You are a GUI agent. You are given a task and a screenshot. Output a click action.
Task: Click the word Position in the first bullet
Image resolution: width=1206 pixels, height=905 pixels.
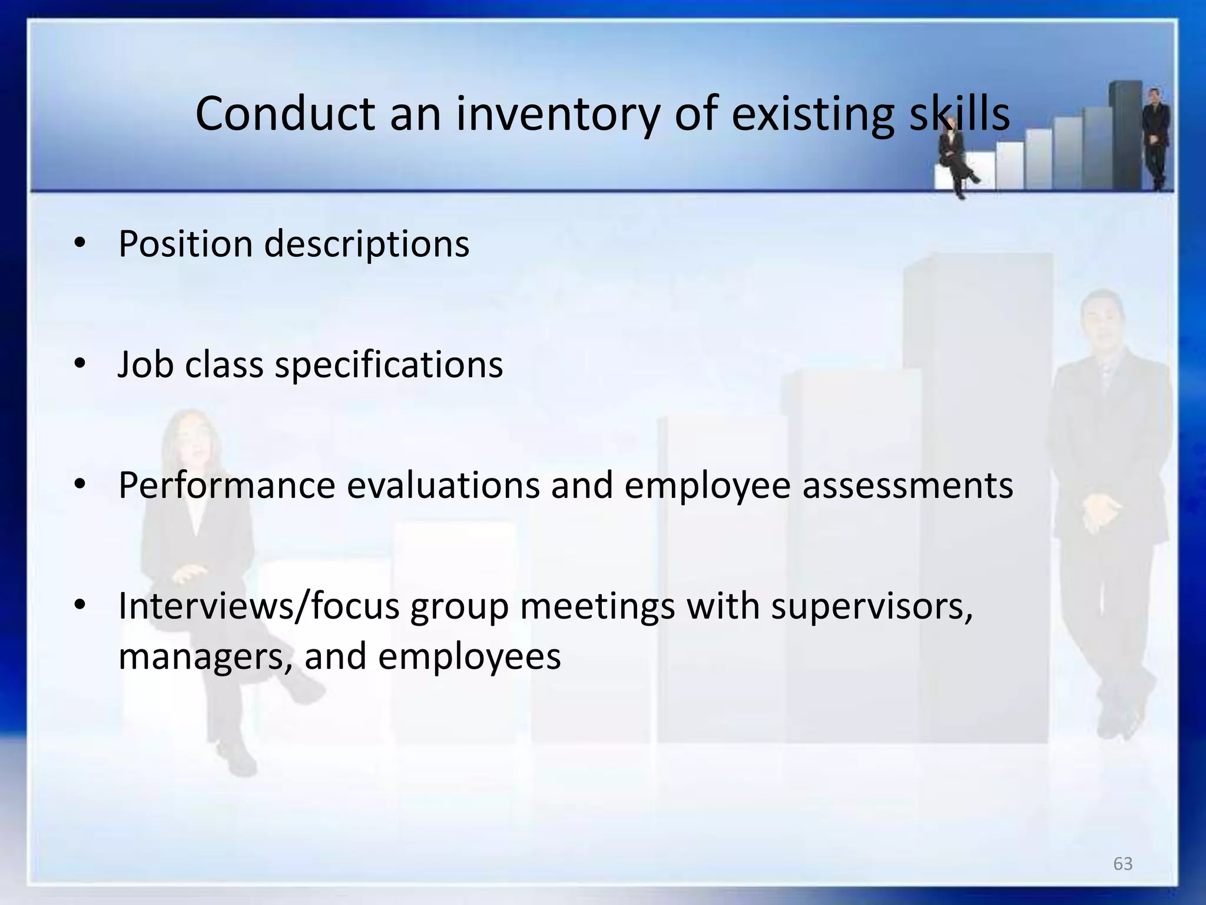tap(185, 244)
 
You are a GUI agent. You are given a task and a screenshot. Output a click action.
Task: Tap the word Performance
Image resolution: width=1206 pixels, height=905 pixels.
tap(227, 485)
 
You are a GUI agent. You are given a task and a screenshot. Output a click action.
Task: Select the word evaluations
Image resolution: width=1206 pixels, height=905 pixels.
tap(443, 485)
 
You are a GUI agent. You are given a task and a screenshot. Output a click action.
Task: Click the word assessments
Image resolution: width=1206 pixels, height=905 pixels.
tap(907, 485)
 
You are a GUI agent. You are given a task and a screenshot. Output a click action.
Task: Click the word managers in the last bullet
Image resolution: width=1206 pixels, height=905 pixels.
tap(206, 656)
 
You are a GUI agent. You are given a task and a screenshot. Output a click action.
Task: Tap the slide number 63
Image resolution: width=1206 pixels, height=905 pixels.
tap(1122, 864)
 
